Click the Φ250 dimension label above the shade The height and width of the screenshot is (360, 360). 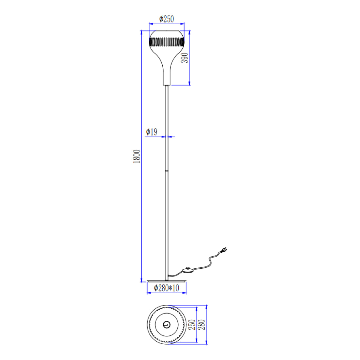(x=167, y=19)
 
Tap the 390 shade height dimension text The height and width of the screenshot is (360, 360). (x=185, y=58)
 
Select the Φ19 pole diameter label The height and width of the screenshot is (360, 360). (x=152, y=132)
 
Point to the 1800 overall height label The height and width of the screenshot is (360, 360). (x=137, y=156)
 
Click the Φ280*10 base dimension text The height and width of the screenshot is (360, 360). (x=167, y=288)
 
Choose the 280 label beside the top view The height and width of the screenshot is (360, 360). (x=202, y=325)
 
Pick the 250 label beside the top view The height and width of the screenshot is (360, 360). (x=192, y=325)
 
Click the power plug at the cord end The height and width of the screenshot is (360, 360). (x=224, y=251)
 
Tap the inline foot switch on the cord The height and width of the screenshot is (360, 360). (x=188, y=270)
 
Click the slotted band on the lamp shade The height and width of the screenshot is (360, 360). (x=167, y=43)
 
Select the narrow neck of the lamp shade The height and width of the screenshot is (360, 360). (x=167, y=77)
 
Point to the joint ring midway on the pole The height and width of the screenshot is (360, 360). (x=167, y=171)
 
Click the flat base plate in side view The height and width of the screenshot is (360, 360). (x=167, y=281)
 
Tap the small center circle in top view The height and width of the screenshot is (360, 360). (x=167, y=325)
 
